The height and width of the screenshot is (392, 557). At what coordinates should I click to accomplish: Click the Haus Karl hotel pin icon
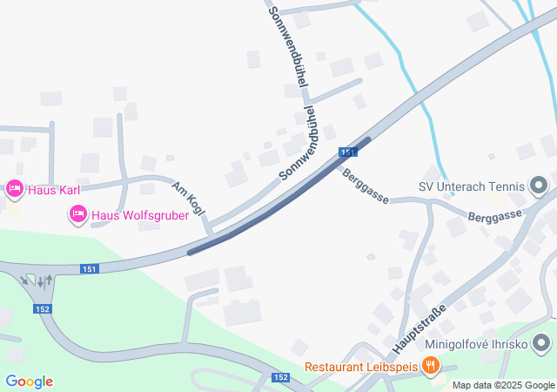14,188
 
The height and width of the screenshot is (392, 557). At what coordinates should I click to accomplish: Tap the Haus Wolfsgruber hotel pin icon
78,213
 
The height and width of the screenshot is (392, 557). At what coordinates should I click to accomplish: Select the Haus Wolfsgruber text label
140,215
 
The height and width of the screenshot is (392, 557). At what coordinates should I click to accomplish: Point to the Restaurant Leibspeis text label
361,367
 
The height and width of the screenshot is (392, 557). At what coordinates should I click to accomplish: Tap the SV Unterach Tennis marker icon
537,186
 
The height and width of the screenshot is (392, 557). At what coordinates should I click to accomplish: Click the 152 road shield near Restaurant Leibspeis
279,377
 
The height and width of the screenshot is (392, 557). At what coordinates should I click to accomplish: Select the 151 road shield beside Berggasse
348,152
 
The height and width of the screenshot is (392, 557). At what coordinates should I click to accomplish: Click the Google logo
29,382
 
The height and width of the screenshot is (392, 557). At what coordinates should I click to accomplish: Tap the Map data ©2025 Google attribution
502,385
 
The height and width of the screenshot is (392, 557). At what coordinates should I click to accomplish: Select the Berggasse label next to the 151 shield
365,184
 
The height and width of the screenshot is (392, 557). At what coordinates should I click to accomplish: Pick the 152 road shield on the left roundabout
43,308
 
